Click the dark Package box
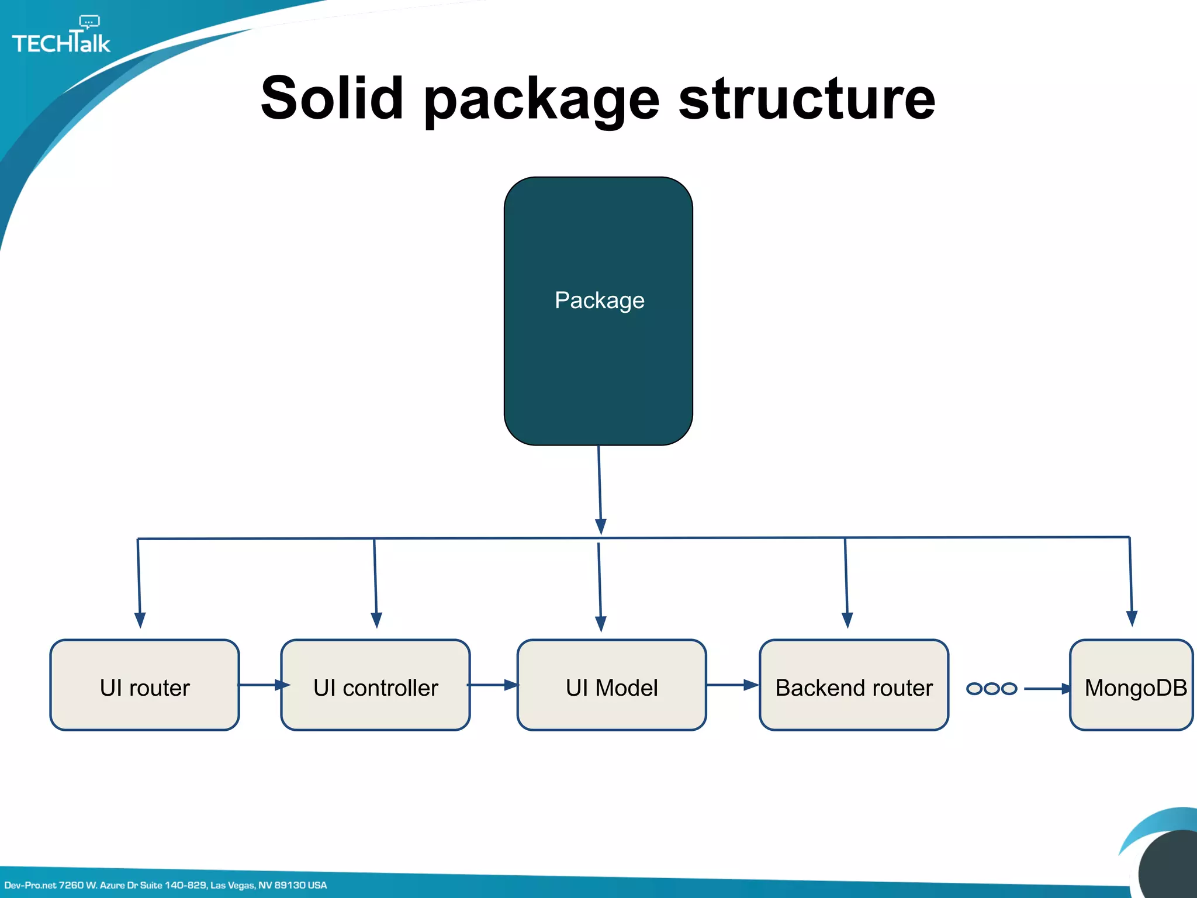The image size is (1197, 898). (598, 310)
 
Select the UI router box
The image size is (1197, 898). (144, 685)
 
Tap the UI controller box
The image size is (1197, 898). (375, 685)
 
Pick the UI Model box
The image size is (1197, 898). (611, 685)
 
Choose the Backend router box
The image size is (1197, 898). (853, 685)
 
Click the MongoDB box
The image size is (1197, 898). (1132, 685)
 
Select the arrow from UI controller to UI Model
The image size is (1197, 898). (494, 685)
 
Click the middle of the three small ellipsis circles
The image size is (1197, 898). (991, 689)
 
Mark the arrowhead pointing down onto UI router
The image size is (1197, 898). (140, 620)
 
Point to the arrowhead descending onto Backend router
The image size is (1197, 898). (847, 620)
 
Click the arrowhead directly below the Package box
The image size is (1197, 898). (600, 526)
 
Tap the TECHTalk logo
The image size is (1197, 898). (61, 43)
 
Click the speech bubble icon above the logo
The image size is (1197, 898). (89, 22)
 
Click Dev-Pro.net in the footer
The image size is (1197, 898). (30, 885)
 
